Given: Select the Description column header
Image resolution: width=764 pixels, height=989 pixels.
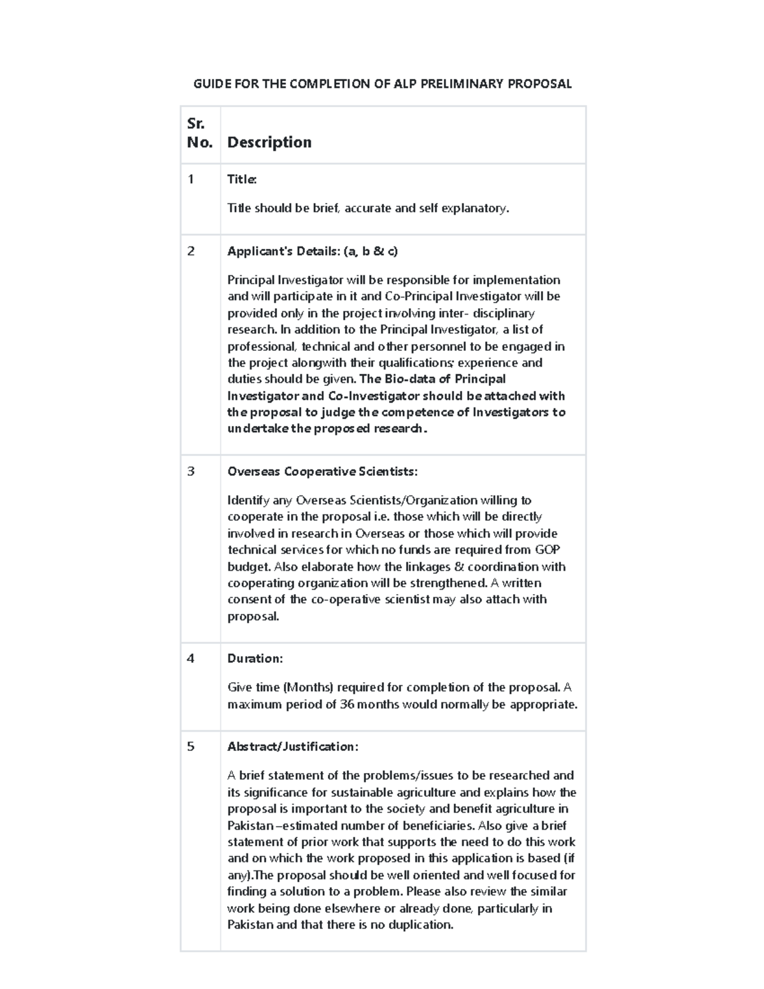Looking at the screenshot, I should tap(269, 142).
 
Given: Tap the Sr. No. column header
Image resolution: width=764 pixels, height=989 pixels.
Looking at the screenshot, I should tap(199, 133).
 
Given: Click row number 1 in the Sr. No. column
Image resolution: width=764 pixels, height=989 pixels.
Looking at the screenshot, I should tap(190, 180).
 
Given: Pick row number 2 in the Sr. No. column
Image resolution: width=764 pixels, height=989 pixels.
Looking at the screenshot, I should tap(191, 251).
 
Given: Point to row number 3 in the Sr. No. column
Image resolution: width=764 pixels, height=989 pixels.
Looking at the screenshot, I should tap(191, 471).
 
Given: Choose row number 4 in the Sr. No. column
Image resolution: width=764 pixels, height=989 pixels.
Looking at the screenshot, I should tap(191, 658).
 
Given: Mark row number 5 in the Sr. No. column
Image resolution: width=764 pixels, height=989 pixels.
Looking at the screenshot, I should tap(191, 746).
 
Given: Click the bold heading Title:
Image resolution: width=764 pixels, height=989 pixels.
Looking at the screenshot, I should tap(242, 180).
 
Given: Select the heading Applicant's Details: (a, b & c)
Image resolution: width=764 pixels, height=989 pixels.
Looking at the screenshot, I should tap(312, 251).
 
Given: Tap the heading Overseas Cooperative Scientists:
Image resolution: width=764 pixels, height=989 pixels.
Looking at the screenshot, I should tap(322, 471).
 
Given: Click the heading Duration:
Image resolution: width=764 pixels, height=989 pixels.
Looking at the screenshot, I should tap(255, 658).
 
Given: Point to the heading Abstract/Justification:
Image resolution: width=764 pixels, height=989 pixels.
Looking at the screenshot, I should tap(292, 746).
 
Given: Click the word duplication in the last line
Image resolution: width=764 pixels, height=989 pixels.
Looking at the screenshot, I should tap(421, 925).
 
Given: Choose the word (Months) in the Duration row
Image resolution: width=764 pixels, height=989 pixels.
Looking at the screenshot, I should tap(308, 688).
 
